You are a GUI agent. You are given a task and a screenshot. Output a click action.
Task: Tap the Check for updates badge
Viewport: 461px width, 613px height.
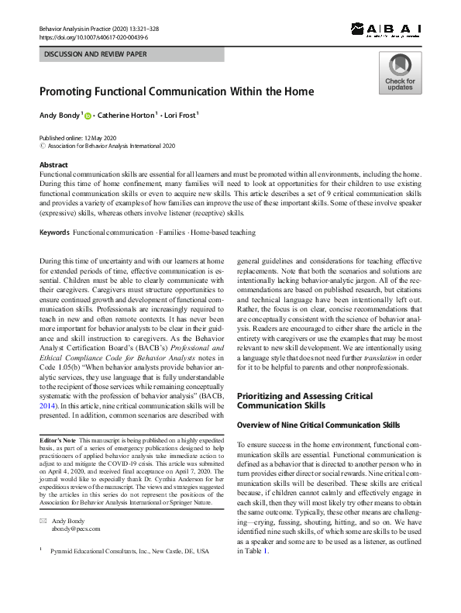400,74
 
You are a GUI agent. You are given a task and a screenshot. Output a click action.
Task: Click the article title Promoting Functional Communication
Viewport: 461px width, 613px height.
177,91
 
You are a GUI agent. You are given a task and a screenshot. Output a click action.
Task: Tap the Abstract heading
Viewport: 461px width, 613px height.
53,165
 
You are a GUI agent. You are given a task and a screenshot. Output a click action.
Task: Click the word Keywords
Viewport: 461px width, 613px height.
54,232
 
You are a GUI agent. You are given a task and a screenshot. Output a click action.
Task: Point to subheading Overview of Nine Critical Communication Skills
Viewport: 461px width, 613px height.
318,425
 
